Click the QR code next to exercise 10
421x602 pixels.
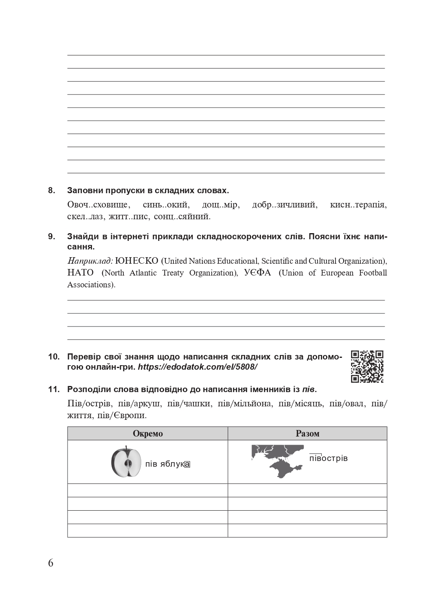[367, 366]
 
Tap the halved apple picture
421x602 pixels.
[126, 462]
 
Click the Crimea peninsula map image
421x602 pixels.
[277, 461]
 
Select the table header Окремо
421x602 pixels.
[147, 434]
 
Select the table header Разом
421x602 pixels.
[307, 434]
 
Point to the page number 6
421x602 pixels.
[50, 563]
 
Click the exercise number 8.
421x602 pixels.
[52, 190]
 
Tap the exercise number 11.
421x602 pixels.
[54, 389]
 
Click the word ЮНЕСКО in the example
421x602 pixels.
[137, 261]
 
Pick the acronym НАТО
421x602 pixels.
[81, 273]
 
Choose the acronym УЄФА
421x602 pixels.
[257, 273]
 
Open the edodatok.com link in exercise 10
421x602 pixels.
[197, 367]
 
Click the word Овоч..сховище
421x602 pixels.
[98, 205]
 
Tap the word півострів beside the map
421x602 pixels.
[328, 458]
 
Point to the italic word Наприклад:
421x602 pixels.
[90, 261]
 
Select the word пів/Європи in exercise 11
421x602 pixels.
[119, 416]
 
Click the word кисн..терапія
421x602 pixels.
[358, 205]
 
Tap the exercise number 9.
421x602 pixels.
[52, 237]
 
